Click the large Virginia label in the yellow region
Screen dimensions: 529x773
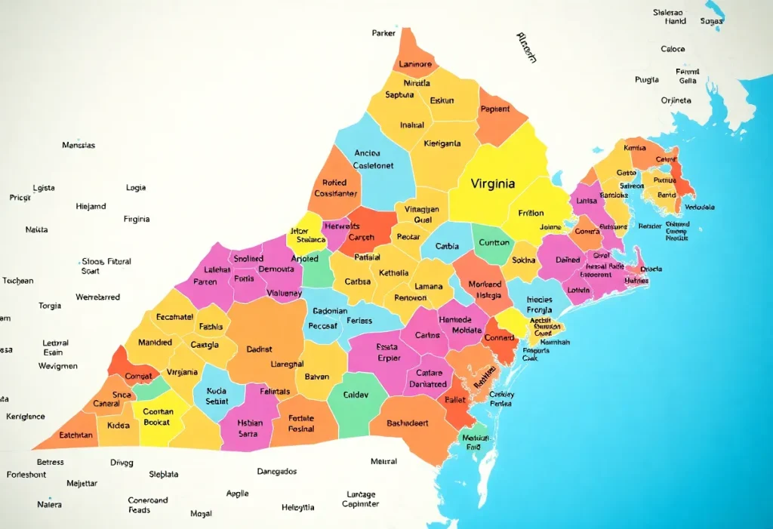point(493,183)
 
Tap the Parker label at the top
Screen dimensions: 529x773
point(383,33)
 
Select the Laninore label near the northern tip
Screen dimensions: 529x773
point(414,64)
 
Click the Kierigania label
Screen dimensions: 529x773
point(442,143)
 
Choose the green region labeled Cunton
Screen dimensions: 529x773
point(495,243)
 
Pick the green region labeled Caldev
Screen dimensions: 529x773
point(356,395)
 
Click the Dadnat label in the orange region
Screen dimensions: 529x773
point(259,349)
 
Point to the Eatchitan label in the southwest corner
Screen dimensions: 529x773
point(76,435)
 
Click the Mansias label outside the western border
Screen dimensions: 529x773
point(79,145)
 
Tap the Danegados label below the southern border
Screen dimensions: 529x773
point(277,471)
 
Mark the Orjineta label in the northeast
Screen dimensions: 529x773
point(676,100)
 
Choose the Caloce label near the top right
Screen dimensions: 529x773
point(673,49)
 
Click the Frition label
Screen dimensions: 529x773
point(531,213)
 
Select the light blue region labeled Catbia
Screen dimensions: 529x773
point(447,246)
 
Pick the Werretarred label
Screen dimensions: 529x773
point(97,297)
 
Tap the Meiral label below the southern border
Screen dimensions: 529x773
point(383,461)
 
